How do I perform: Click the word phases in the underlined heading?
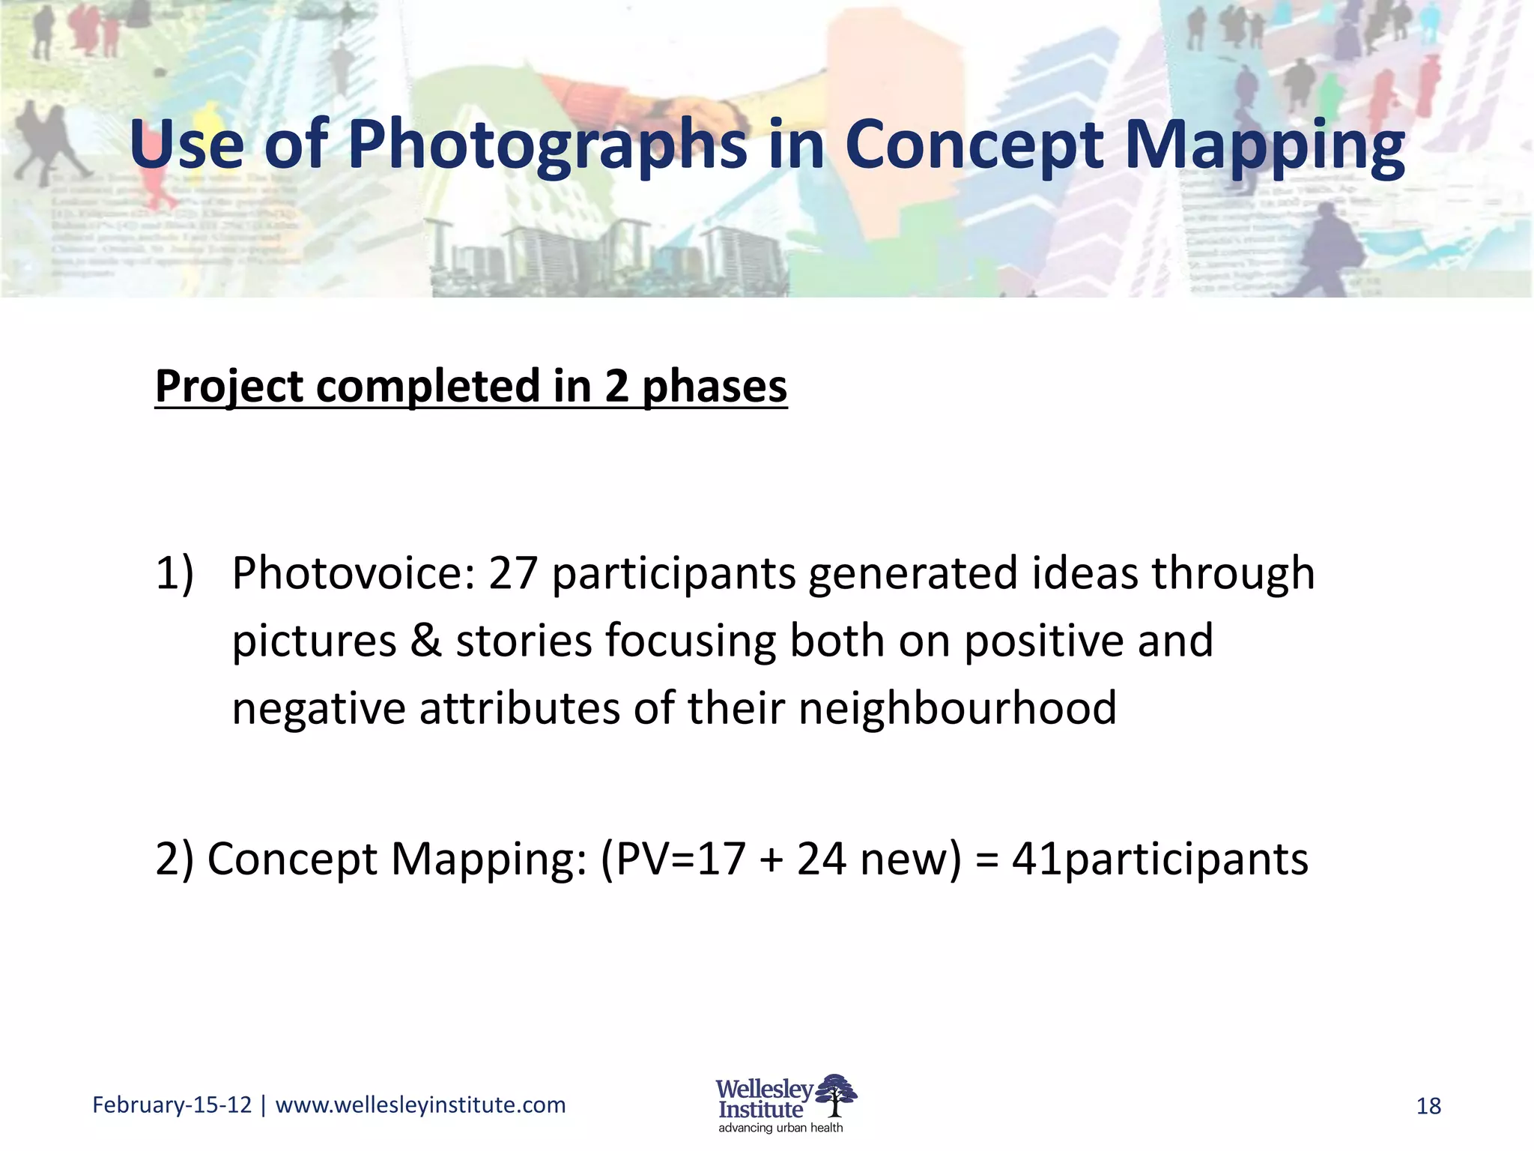click(715, 387)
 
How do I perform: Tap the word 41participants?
click(1159, 859)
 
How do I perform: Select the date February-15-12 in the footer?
click(172, 1105)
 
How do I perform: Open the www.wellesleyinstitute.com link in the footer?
click(420, 1105)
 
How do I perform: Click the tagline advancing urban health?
click(780, 1128)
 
